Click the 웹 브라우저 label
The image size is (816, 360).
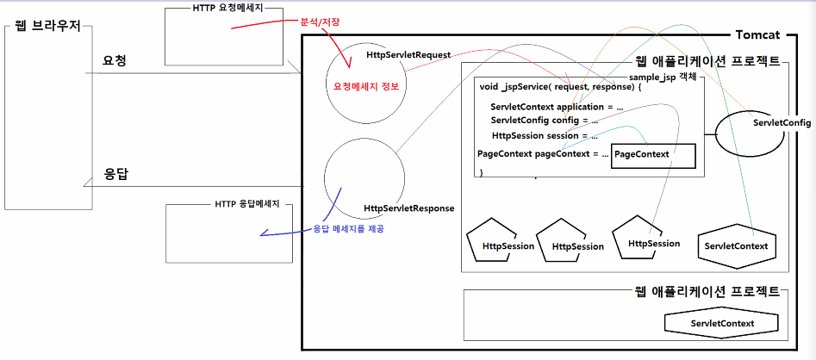47,27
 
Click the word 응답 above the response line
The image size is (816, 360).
116,173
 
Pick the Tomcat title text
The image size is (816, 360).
757,34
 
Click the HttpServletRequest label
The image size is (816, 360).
408,55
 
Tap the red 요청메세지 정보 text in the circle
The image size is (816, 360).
368,86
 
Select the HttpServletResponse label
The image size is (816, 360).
408,208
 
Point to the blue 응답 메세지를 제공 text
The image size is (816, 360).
349,228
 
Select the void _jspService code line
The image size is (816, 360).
560,88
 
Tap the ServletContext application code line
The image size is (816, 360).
556,107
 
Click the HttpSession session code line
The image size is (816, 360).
545,136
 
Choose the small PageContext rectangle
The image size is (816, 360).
640,154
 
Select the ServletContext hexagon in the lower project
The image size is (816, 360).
721,324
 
